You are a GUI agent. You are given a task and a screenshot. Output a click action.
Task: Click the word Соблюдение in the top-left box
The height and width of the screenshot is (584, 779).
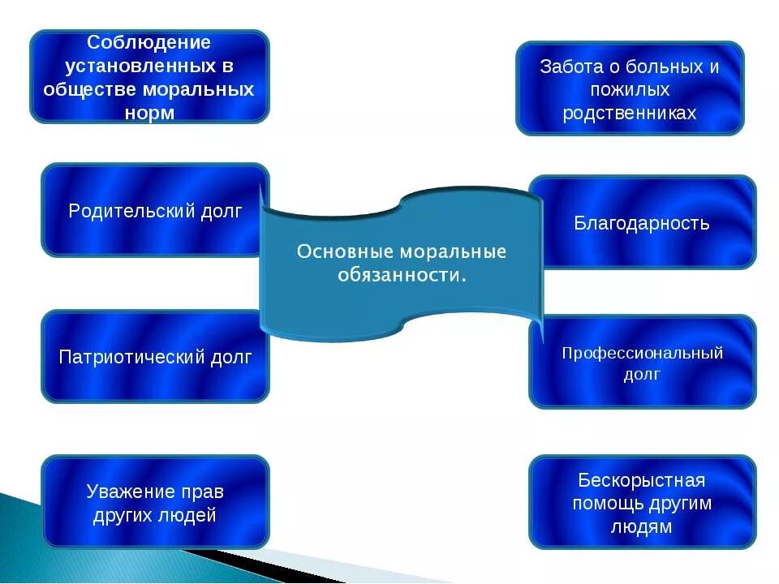[x=149, y=43]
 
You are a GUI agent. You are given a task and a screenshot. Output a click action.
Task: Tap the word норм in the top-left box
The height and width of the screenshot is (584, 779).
[x=150, y=113]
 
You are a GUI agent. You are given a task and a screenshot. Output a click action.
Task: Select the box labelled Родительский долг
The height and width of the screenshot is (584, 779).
[x=155, y=211]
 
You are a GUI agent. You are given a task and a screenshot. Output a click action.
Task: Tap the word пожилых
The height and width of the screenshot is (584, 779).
[x=630, y=89]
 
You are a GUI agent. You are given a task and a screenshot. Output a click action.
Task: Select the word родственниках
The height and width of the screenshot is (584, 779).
[x=630, y=113]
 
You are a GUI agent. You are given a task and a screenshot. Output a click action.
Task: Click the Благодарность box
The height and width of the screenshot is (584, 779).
[x=642, y=223]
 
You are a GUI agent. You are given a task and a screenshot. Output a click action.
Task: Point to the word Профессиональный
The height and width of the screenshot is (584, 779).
[x=642, y=353]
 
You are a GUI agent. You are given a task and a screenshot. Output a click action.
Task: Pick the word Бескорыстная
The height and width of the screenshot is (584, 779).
[x=642, y=480]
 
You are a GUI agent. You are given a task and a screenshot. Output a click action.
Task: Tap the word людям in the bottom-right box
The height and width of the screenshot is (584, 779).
[x=642, y=526]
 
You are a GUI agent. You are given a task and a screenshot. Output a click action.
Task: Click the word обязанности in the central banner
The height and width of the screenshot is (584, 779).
[x=399, y=275]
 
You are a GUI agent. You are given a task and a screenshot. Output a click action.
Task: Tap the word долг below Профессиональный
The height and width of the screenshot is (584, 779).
[x=642, y=374]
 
